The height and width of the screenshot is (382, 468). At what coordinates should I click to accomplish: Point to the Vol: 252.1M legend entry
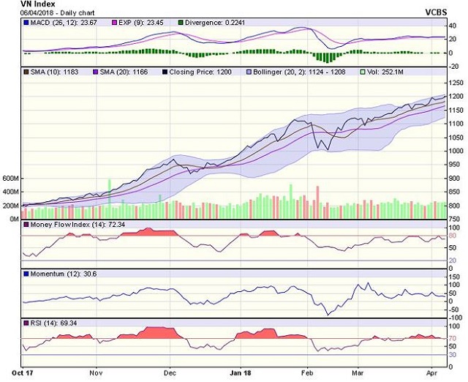point(386,72)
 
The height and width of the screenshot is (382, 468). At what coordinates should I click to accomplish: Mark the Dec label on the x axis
point(170,372)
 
